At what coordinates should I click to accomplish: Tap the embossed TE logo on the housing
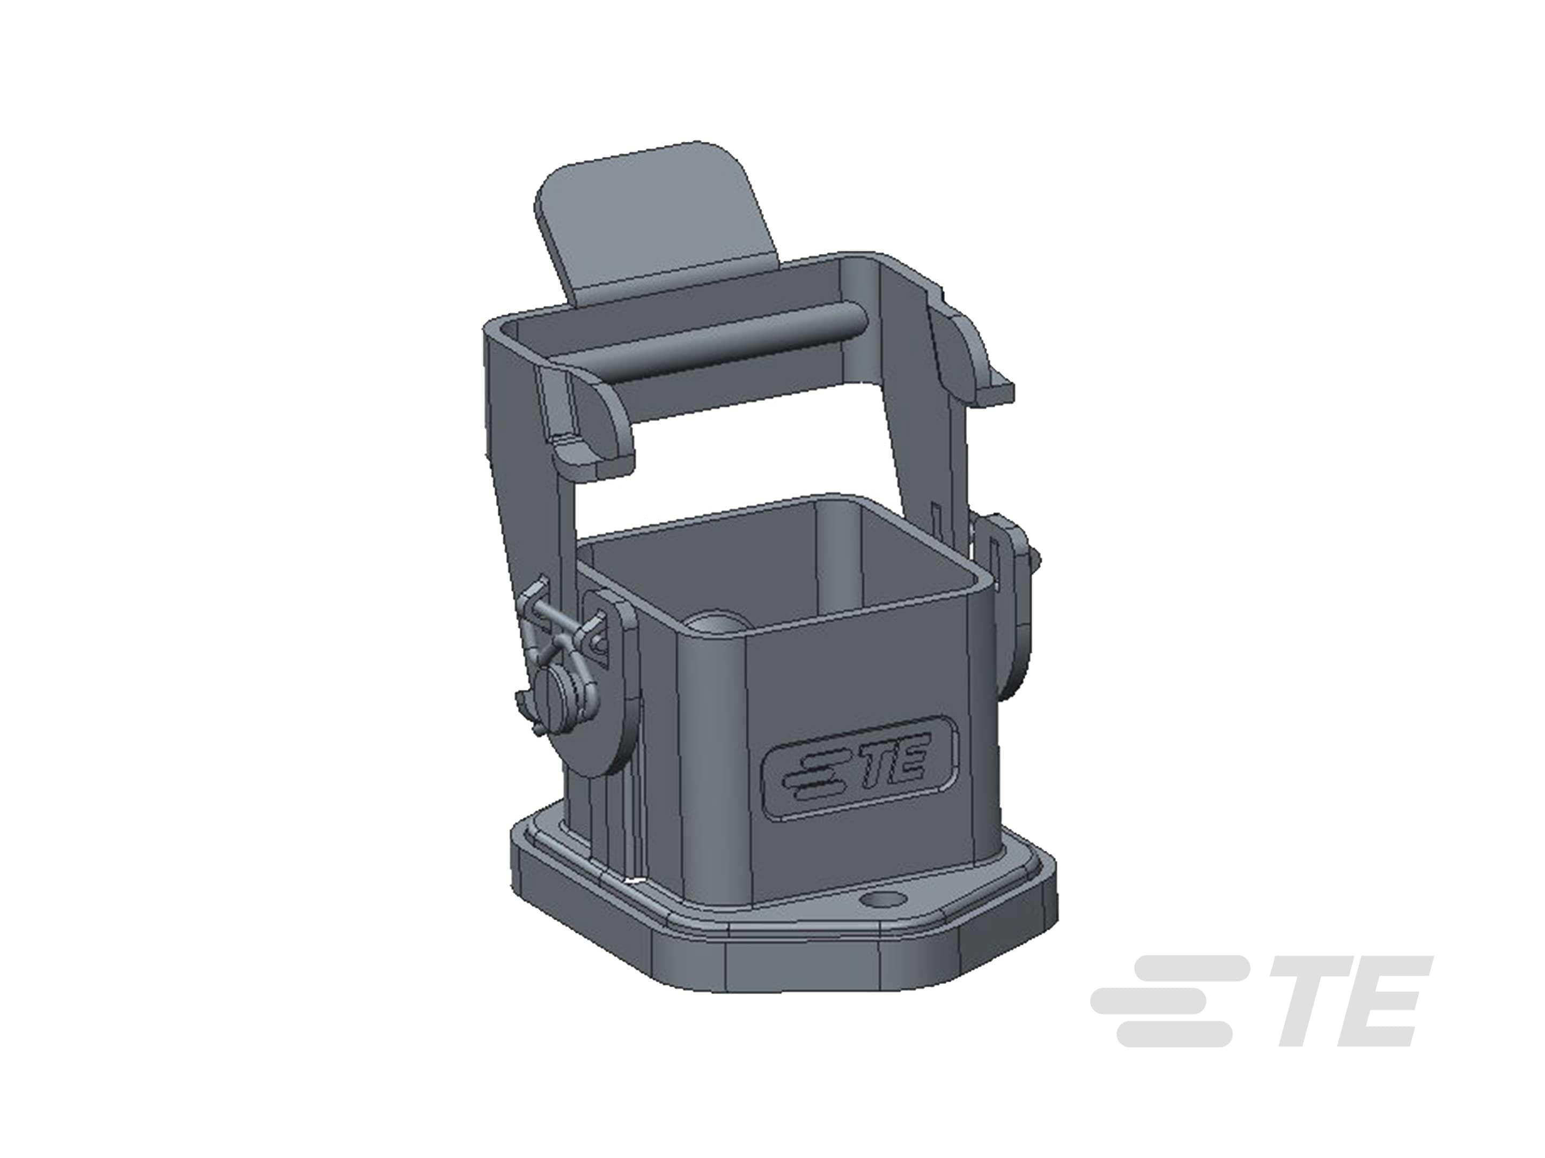coord(861,767)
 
